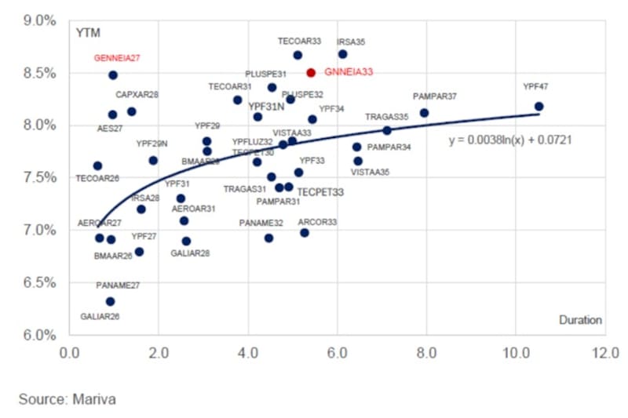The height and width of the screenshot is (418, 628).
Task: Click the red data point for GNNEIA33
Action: click(311, 72)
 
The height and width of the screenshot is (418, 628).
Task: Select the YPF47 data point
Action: click(539, 106)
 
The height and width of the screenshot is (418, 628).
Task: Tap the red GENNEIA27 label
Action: click(117, 58)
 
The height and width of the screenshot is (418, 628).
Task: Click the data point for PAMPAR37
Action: click(424, 112)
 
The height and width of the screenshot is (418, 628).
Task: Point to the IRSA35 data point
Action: click(342, 54)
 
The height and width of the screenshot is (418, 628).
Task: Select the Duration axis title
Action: click(580, 320)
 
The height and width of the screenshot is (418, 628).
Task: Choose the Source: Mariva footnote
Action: click(67, 399)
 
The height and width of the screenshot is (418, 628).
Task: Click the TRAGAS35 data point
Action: click(387, 130)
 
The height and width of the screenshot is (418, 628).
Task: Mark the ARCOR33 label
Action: click(317, 222)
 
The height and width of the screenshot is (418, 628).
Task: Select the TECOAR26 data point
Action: click(97, 165)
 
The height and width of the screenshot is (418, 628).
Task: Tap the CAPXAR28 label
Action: click(137, 95)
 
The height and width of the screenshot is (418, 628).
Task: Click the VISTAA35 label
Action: click(370, 172)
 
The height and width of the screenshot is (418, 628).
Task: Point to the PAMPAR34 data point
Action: click(356, 147)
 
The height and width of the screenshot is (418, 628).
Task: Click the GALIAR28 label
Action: click(190, 253)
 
